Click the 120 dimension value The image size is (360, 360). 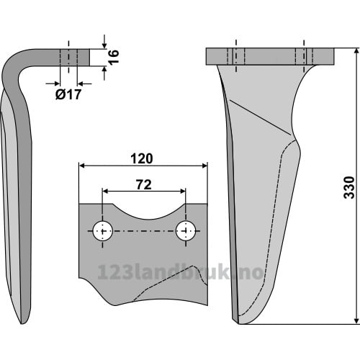tap(142, 158)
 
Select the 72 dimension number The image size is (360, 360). tap(144, 184)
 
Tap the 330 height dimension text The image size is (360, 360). tap(349, 187)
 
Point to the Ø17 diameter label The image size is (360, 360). tap(68, 94)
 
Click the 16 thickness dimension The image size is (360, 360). tap(114, 57)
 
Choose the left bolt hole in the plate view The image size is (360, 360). tap(103, 231)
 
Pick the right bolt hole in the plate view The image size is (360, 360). tap(186, 230)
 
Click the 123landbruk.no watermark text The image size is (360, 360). tap(180, 272)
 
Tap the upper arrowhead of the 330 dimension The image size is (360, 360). tap(356, 51)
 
